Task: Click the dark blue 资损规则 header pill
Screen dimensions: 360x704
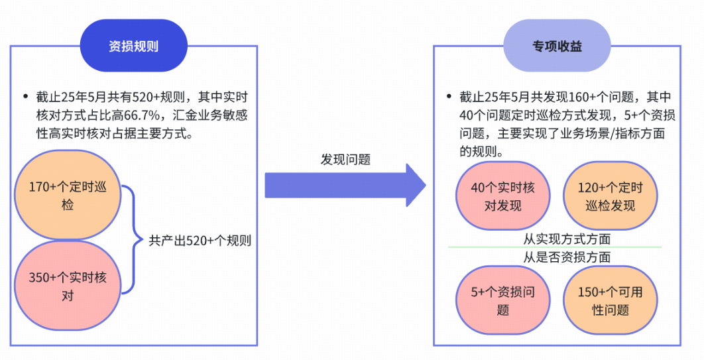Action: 133,46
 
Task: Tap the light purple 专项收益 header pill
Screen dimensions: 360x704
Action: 557,46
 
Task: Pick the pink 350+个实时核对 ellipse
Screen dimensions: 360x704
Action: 68,286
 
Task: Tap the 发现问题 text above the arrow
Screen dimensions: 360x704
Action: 345,160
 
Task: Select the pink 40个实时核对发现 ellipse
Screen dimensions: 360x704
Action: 502,196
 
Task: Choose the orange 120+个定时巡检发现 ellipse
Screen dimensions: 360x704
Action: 610,196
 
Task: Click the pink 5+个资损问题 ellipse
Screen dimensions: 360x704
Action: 502,300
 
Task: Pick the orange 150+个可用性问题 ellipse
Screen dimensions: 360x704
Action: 610,300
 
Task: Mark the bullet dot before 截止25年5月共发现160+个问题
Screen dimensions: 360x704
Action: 449,97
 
